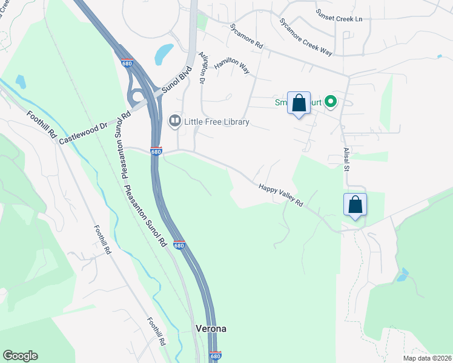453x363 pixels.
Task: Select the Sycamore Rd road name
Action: point(246,36)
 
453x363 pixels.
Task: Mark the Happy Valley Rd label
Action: point(280,197)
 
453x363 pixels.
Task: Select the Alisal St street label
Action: point(346,159)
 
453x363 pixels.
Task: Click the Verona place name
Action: point(211,329)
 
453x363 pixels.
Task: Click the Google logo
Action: point(20,356)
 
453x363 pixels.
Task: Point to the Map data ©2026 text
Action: point(426,358)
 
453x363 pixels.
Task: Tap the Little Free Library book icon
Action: point(174,122)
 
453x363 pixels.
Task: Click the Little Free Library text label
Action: point(216,122)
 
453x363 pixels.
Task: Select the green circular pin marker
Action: point(331,102)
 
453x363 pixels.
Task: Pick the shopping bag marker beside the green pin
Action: point(299,103)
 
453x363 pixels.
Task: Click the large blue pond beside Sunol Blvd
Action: point(164,54)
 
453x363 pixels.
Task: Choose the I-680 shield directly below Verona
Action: point(216,355)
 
